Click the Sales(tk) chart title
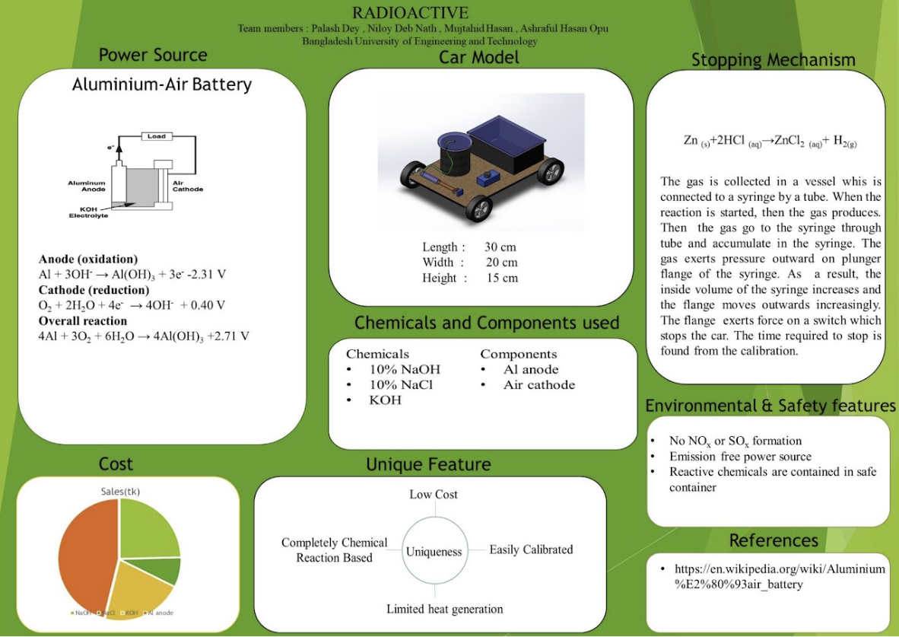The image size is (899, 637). click(120, 492)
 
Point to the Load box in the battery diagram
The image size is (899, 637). click(156, 137)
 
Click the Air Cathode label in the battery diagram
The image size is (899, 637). click(187, 186)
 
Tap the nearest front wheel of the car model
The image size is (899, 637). click(478, 207)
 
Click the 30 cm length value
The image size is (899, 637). click(500, 247)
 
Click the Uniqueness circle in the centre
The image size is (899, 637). click(434, 551)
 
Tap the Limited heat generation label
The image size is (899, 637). click(444, 609)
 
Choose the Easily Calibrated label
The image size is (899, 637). click(531, 549)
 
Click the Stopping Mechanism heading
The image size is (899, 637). click(773, 60)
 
